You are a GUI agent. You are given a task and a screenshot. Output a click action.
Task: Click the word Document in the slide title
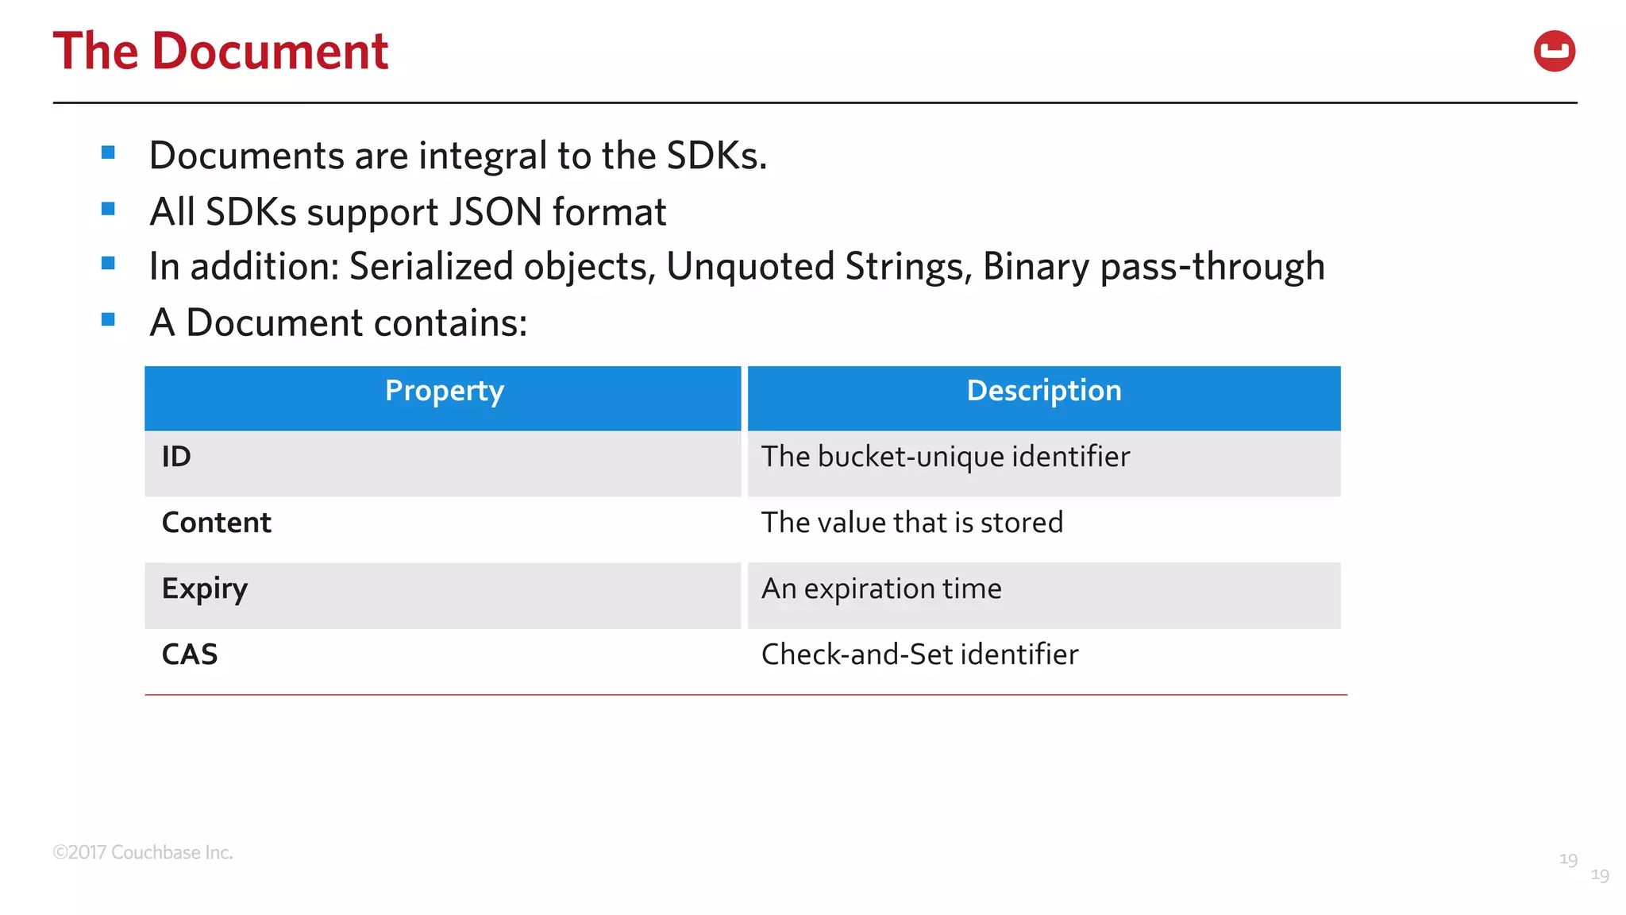(269, 52)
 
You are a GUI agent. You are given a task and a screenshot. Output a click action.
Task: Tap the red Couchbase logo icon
(1554, 52)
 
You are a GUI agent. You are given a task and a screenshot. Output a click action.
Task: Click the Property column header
(444, 391)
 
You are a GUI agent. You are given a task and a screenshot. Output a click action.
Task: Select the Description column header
(1043, 391)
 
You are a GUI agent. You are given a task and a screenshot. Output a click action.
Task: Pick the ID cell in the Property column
(176, 457)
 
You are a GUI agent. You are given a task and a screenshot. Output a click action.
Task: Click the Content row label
(216, 523)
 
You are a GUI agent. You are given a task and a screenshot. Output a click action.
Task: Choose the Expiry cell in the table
(205, 589)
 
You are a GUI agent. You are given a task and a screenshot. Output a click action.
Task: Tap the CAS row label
(189, 654)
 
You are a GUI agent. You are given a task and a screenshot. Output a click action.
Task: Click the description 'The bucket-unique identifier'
(945, 457)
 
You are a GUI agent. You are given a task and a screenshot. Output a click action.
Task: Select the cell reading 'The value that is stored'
(911, 523)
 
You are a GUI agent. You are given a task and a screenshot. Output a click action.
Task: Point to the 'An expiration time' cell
(881, 589)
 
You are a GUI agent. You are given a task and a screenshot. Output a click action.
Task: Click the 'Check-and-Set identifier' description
(919, 654)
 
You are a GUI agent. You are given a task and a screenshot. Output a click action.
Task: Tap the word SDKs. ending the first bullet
(716, 156)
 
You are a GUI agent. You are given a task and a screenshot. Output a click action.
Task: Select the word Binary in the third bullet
(1035, 267)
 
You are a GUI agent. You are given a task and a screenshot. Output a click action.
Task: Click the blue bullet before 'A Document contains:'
(109, 320)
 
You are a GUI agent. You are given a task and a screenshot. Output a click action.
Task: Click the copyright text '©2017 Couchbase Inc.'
(143, 852)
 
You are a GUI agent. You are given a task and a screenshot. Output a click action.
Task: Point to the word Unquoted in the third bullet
(749, 267)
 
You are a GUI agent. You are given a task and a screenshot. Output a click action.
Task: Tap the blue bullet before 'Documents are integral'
(109, 152)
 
